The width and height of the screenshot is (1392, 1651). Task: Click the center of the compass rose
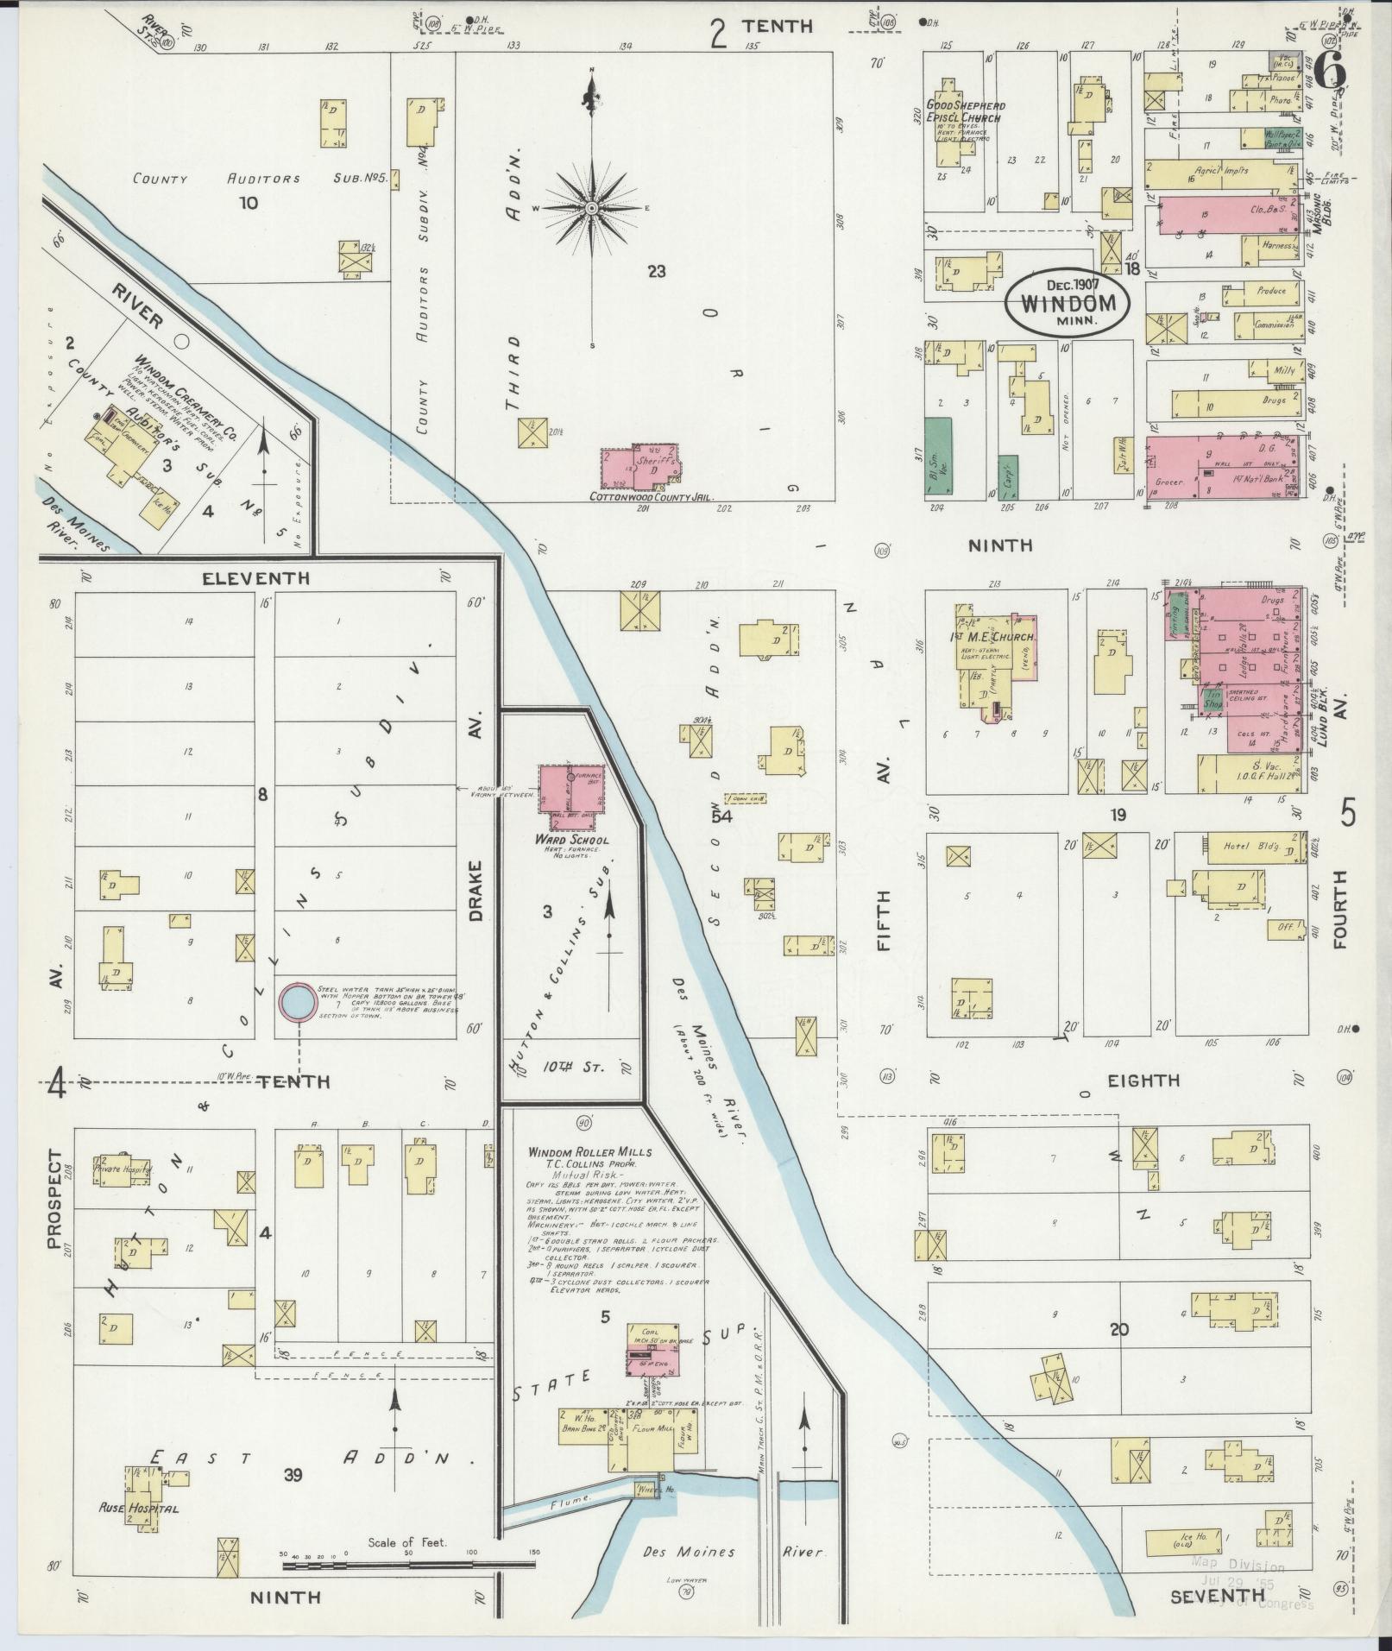pyautogui.click(x=592, y=208)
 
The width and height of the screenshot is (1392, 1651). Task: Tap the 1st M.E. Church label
pyautogui.click(x=992, y=637)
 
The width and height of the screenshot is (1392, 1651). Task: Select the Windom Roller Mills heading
pyautogui.click(x=590, y=1151)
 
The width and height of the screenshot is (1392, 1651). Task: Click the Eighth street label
pyautogui.click(x=1144, y=1080)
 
